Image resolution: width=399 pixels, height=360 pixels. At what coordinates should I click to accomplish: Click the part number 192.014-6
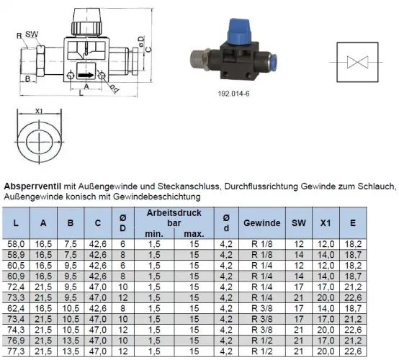(233, 93)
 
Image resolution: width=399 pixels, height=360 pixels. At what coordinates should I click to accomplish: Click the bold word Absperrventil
(34, 186)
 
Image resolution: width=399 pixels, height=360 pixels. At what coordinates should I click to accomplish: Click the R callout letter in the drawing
(18, 34)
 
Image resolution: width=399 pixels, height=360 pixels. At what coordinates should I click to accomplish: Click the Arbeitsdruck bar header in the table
(180, 218)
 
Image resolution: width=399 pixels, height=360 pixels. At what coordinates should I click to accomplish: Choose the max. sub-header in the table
(194, 234)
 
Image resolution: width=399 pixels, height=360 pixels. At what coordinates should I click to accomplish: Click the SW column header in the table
(297, 223)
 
